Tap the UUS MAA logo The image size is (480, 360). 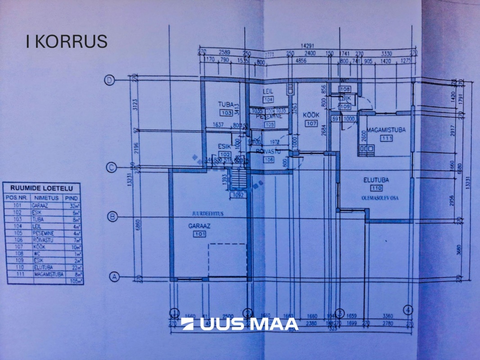(240, 324)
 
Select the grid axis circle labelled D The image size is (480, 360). (109, 80)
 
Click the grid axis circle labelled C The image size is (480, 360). (111, 168)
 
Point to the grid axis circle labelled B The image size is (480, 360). (113, 217)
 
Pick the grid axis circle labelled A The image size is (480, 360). (114, 277)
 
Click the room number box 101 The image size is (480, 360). (199, 234)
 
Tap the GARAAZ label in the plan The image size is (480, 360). (199, 226)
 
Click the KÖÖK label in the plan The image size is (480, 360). (312, 115)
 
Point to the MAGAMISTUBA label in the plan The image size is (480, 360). (386, 130)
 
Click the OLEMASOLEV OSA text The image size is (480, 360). (376, 197)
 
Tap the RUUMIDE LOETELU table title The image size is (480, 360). (43, 189)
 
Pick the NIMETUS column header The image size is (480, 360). (46, 198)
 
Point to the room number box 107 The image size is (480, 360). (311, 123)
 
